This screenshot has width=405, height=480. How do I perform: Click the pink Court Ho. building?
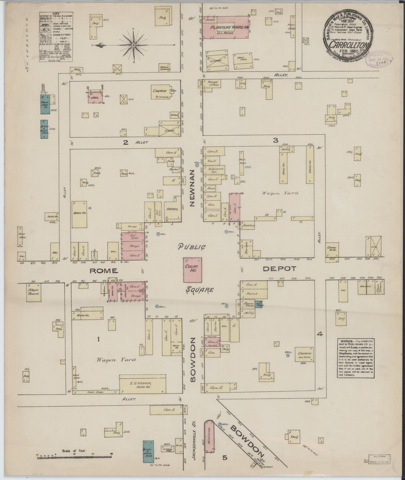(193, 270)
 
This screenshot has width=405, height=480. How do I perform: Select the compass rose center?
(134, 45)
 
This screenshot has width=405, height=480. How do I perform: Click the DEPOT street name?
(279, 269)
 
